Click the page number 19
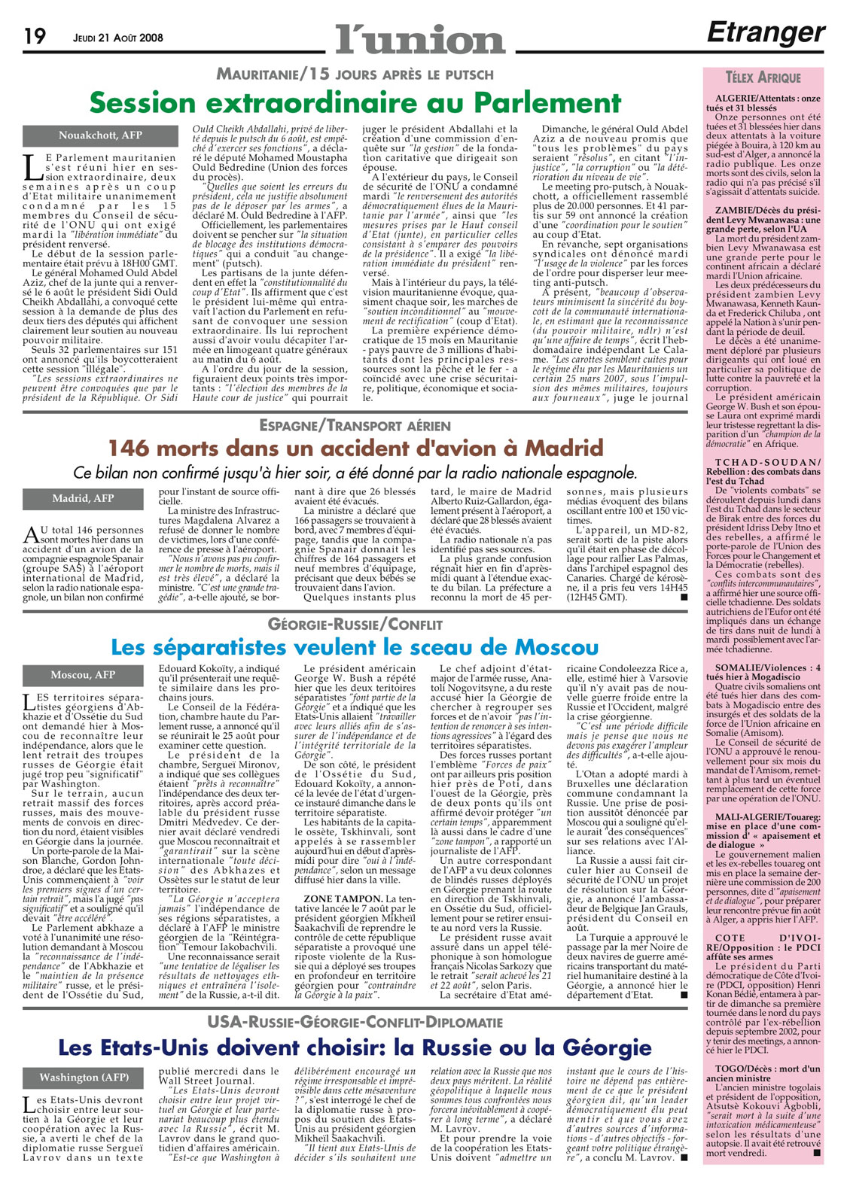click(35, 36)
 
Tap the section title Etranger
click(766, 32)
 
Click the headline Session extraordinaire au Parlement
click(355, 102)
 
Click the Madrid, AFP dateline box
click(83, 498)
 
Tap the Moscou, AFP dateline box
click(83, 675)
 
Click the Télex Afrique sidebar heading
click(763, 78)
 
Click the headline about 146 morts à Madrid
click(355, 448)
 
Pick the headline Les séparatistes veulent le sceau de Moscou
click(355, 647)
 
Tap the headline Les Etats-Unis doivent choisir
click(355, 1047)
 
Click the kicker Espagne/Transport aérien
click(355, 425)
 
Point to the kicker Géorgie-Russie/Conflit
click(355, 625)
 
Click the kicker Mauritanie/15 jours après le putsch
click(355, 74)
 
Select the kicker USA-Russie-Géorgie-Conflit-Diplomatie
click(355, 1022)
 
